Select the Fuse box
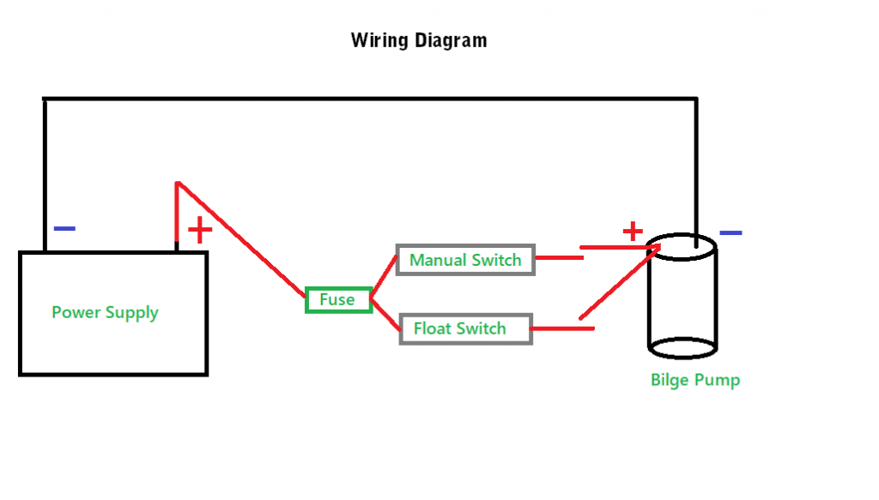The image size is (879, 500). click(x=338, y=299)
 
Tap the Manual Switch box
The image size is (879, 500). click(x=465, y=260)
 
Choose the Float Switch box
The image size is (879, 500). click(x=465, y=328)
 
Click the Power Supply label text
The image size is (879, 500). click(x=105, y=312)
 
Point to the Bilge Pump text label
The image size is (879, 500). click(x=694, y=379)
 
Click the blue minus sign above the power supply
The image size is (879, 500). click(x=64, y=229)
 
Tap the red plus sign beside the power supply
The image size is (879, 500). click(x=199, y=230)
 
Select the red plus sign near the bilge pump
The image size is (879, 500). click(x=632, y=231)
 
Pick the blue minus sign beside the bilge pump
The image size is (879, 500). click(x=730, y=232)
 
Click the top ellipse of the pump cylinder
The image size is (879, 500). click(x=682, y=247)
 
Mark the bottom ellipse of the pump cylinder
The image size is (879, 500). click(x=682, y=347)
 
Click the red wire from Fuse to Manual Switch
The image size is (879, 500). click(x=384, y=276)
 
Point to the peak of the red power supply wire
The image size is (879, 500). click(x=177, y=183)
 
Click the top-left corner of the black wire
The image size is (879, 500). click(x=44, y=99)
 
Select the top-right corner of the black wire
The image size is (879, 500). click(x=695, y=99)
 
